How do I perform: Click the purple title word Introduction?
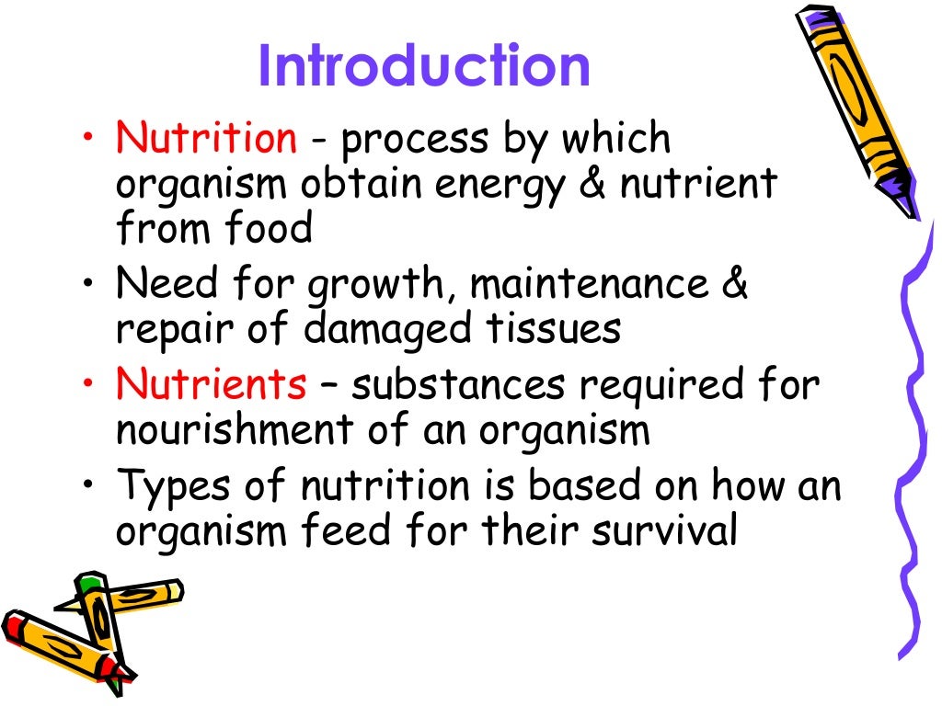pos(423,66)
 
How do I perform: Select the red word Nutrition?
pos(206,139)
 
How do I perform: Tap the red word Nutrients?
pos(211,385)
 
